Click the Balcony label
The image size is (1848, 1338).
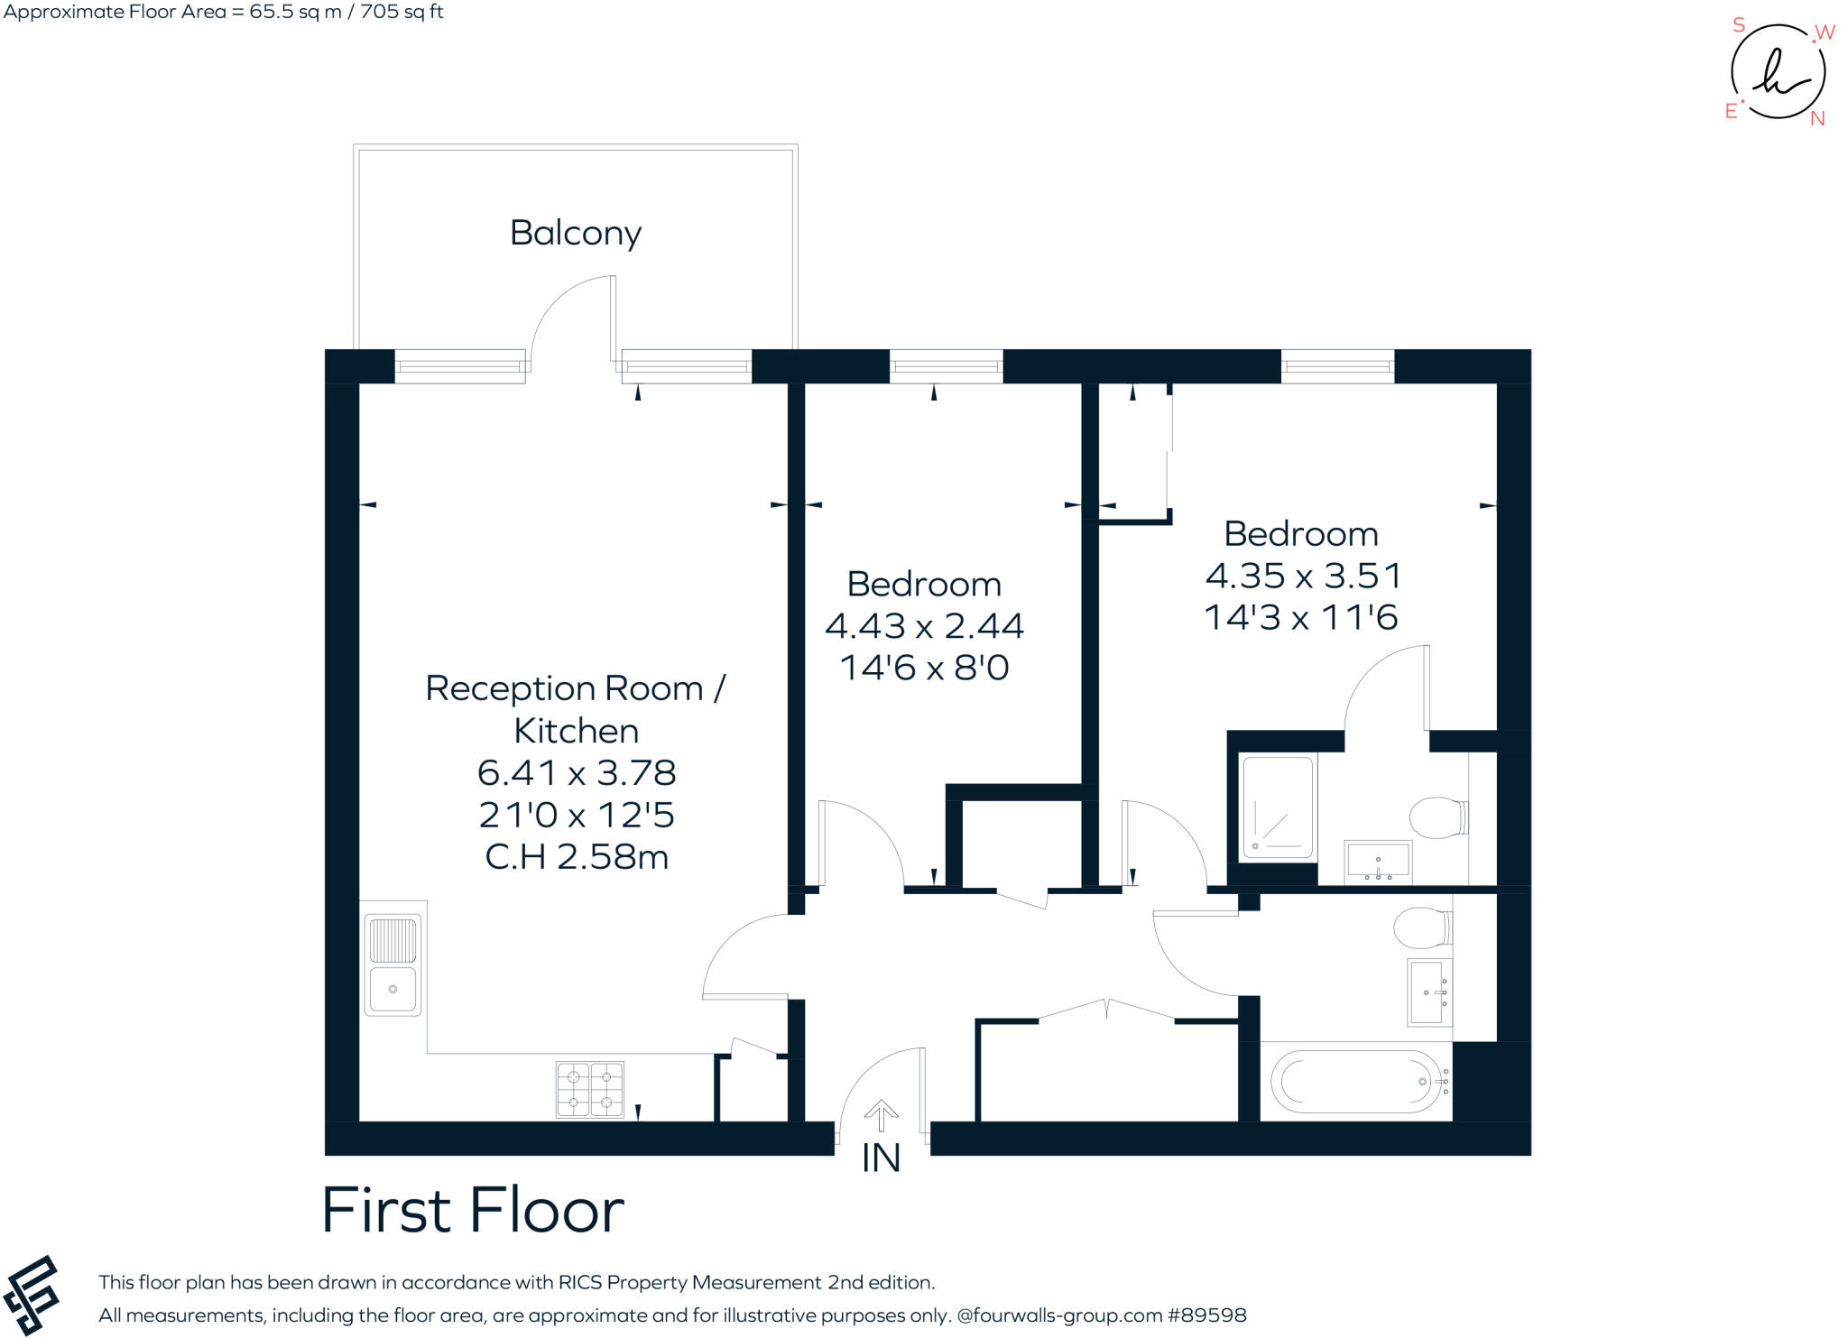[576, 234]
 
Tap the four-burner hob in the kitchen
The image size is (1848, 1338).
[590, 1089]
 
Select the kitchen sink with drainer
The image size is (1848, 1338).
[393, 964]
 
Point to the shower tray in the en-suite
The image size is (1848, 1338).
[1278, 807]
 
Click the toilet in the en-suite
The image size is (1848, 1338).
[1439, 817]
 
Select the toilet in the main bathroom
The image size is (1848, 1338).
[1423, 928]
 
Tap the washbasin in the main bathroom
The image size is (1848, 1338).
[1429, 992]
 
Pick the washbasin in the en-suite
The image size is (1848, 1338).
[1378, 861]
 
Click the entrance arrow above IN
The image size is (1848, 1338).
[881, 1115]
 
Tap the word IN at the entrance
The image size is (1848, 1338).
[881, 1158]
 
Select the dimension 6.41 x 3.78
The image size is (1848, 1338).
[577, 773]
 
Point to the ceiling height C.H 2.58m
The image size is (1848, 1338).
[577, 857]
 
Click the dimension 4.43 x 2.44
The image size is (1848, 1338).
[924, 626]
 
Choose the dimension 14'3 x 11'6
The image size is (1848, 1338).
[1301, 618]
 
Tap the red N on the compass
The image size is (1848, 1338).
[1817, 118]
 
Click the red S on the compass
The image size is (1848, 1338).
[1739, 25]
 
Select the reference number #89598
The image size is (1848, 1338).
[1206, 1315]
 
